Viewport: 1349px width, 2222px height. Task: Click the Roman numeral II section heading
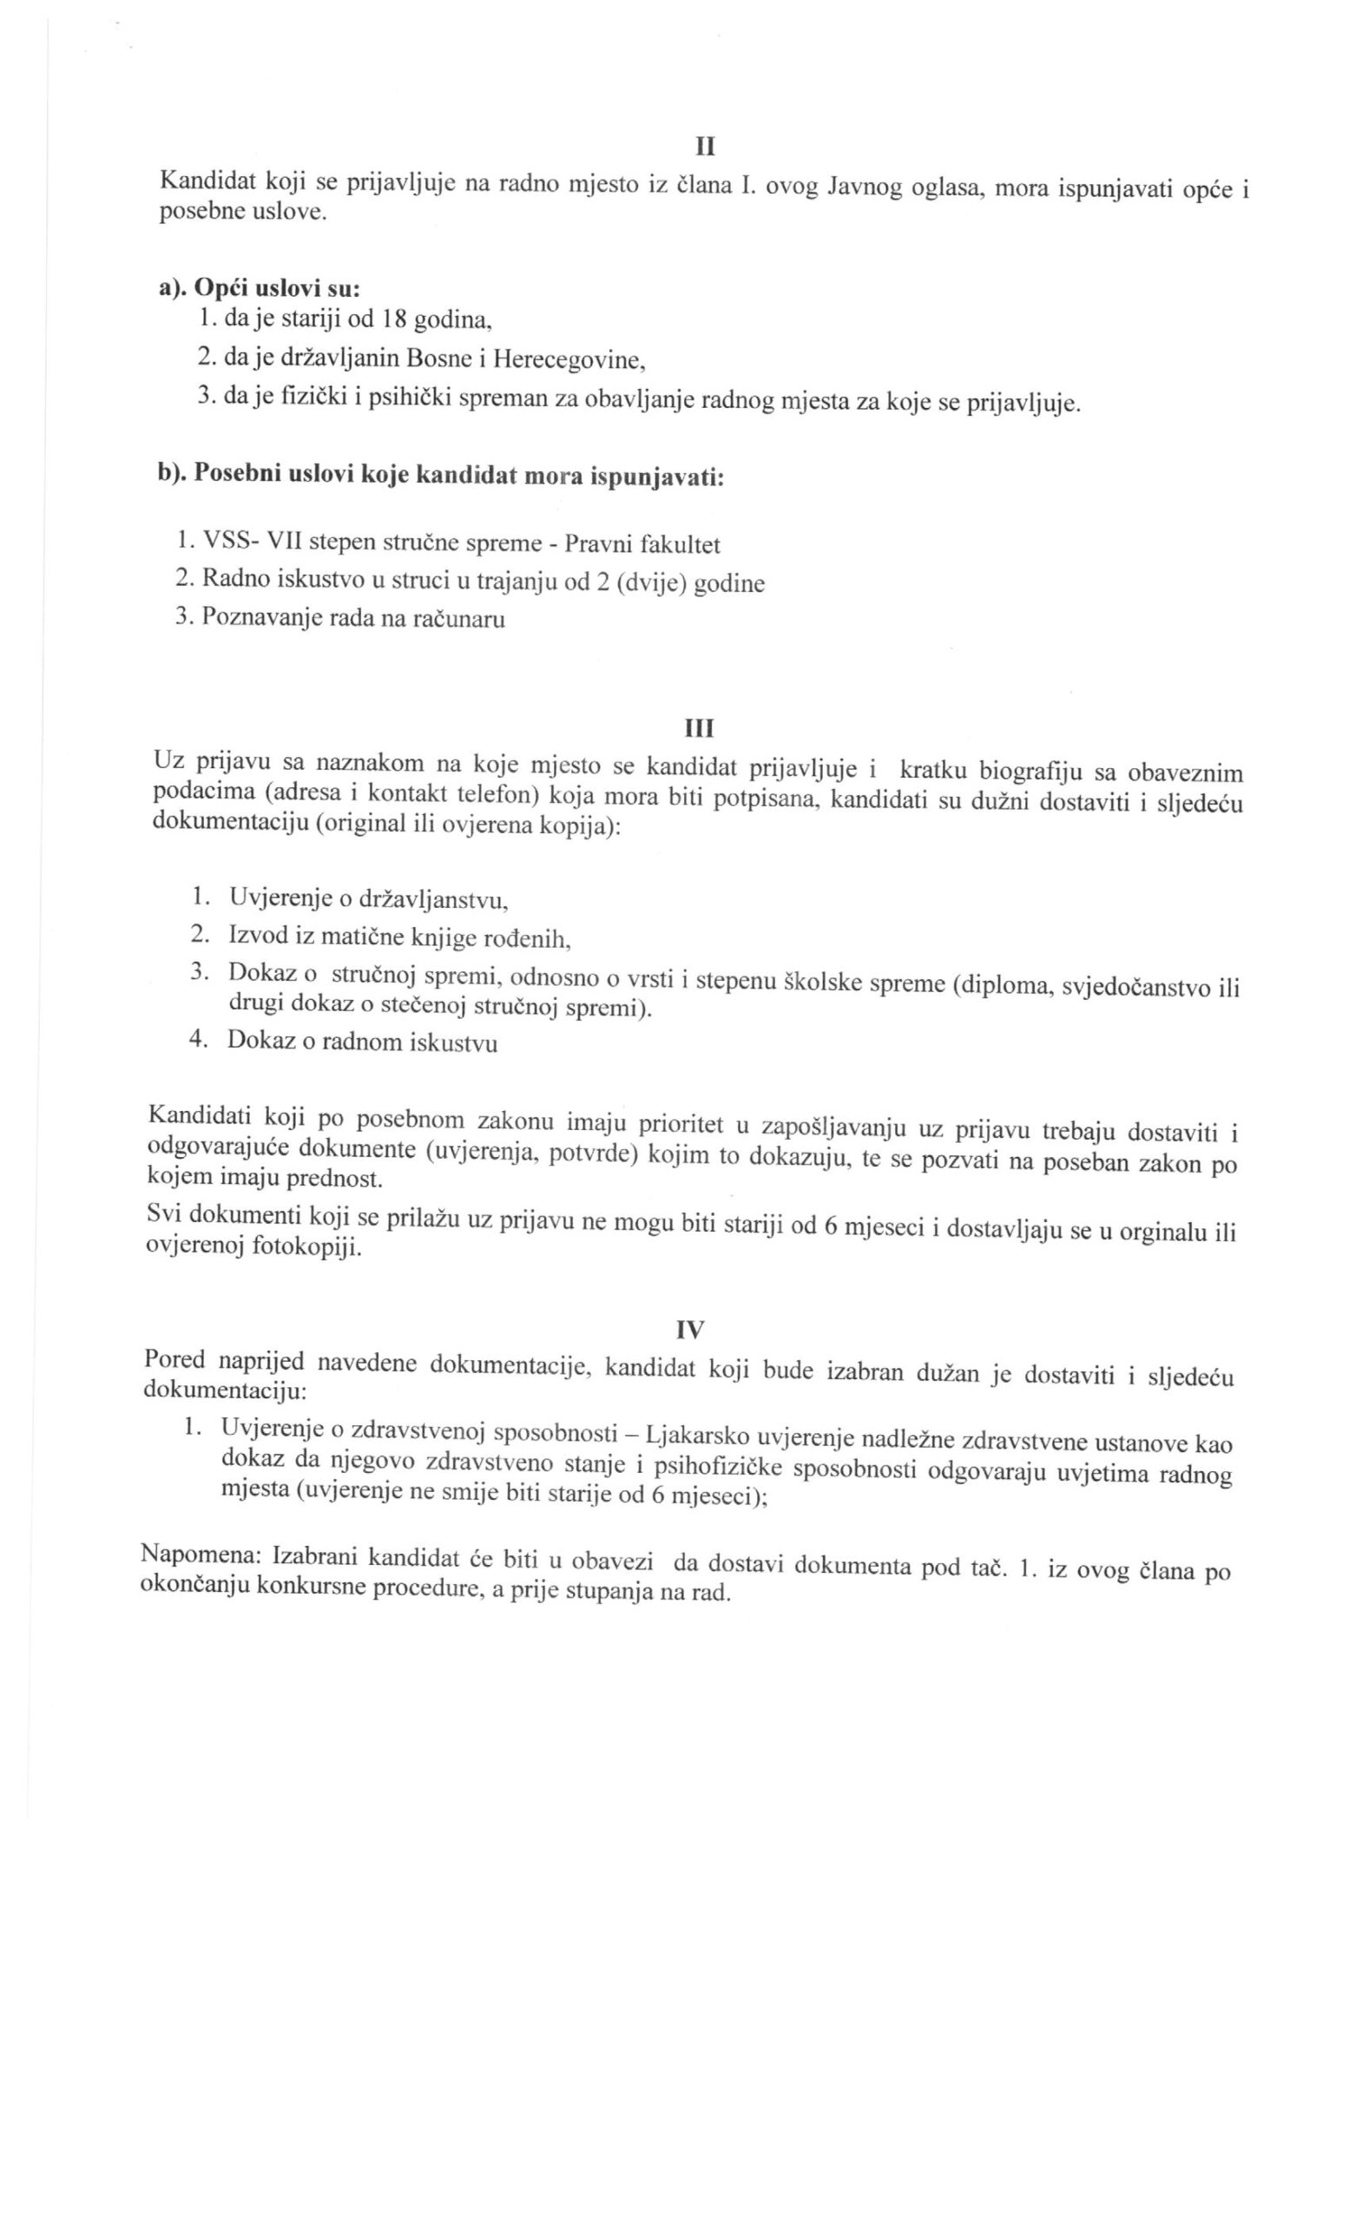pos(704,146)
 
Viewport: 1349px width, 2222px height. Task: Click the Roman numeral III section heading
pos(700,727)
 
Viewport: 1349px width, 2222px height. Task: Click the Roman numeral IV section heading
pos(690,1329)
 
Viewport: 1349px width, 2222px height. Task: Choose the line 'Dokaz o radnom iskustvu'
pos(362,1042)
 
